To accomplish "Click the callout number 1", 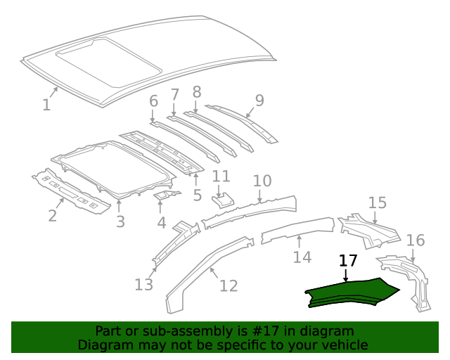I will (x=46, y=105).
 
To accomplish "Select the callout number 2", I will (x=52, y=215).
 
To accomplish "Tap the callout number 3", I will (x=120, y=221).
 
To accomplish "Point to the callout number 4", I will (x=161, y=223).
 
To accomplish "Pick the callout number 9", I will (x=259, y=101).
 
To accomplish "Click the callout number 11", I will (x=221, y=176).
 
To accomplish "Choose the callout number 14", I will (x=302, y=257).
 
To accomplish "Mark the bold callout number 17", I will (x=348, y=261).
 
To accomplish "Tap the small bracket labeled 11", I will (x=221, y=200).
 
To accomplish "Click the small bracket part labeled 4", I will (x=166, y=195).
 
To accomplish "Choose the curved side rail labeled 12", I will (x=204, y=271).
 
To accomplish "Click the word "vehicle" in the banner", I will (x=343, y=345).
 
